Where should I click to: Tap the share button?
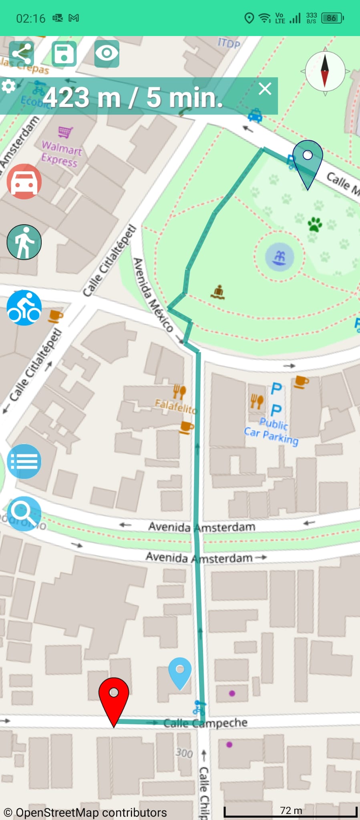coord(22,53)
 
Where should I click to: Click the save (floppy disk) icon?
coord(64,53)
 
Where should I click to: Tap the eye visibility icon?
coord(107,53)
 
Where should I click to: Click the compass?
coord(325,71)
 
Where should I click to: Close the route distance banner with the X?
coord(265,89)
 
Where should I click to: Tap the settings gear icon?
coord(9,86)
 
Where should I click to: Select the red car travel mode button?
coord(24,181)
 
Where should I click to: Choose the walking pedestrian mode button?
coord(24,242)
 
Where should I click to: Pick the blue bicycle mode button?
coord(24,307)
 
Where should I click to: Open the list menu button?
coord(24,461)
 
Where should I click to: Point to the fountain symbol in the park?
coord(280,257)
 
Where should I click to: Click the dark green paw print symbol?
coord(315,224)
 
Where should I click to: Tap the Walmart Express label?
coord(62,154)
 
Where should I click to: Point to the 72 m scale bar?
coord(291,812)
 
